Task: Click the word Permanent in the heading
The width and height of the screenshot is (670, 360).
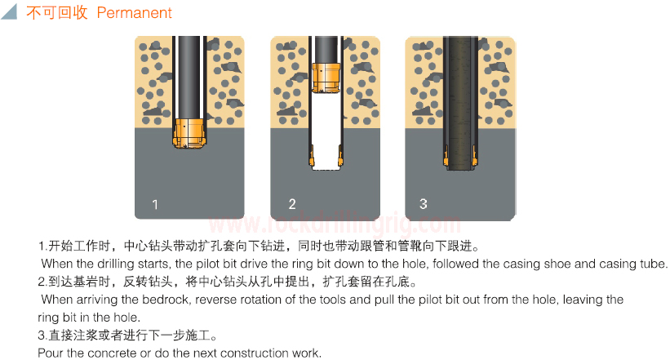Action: pyautogui.click(x=134, y=13)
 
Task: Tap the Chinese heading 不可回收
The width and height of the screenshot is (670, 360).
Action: pyautogui.click(x=57, y=12)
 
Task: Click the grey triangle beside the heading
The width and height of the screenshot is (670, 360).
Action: pyautogui.click(x=11, y=12)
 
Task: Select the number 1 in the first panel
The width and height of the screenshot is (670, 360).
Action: pyautogui.click(x=155, y=204)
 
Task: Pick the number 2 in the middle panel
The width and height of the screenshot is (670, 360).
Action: pyautogui.click(x=292, y=204)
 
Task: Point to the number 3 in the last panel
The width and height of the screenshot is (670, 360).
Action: pyautogui.click(x=423, y=204)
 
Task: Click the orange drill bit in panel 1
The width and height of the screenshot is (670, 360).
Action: pyautogui.click(x=189, y=133)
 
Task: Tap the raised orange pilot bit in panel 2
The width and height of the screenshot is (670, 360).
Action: pyautogui.click(x=326, y=78)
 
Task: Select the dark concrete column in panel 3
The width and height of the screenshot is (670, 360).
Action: pyautogui.click(x=460, y=103)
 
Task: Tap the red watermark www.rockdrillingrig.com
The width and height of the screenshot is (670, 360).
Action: pyautogui.click(x=335, y=223)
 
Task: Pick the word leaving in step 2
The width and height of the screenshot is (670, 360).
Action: pyautogui.click(x=581, y=300)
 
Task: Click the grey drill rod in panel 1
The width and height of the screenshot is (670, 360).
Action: pyautogui.click(x=189, y=78)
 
